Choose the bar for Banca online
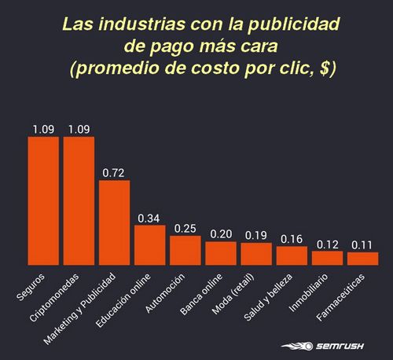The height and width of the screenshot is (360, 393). [221, 254]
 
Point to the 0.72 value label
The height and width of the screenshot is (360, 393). [114, 171]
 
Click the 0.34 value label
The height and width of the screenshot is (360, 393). [149, 217]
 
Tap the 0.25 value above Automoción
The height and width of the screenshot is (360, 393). [185, 227]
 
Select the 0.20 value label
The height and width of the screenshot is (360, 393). [221, 233]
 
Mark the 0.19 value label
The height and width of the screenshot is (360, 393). [256, 234]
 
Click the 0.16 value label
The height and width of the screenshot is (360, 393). [292, 238]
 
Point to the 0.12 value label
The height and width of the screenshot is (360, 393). [327, 243]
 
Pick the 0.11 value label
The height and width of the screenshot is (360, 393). [362, 244]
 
